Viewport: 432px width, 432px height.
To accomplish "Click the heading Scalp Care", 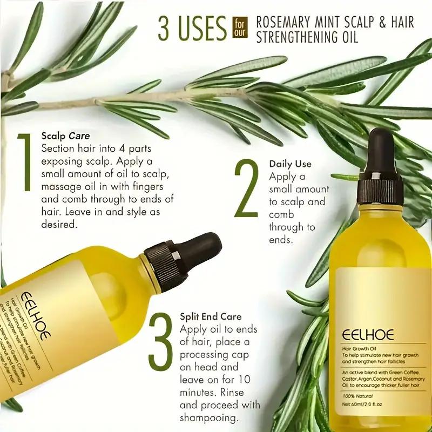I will [65, 136].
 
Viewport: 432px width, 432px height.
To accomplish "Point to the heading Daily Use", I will [290, 164].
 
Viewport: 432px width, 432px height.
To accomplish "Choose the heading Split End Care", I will [211, 316].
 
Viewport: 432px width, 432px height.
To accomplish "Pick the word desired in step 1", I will [59, 224].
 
